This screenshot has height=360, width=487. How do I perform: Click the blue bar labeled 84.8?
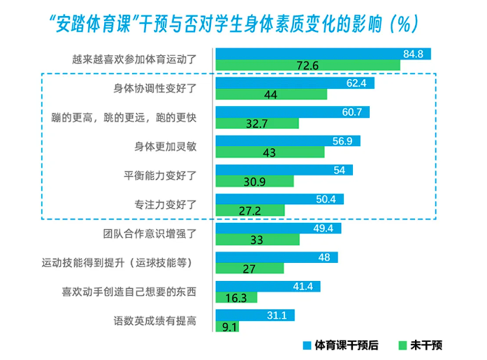tap(324, 54)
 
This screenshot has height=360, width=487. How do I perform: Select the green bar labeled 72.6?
tap(308, 65)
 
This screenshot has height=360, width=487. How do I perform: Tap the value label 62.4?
tap(356, 83)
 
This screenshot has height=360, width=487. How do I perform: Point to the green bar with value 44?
tap(272, 94)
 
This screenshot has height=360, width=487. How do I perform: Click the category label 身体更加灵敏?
tap(165, 146)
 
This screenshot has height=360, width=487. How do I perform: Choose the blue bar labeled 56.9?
tap(288, 141)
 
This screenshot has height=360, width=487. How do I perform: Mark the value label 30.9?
tap(254, 182)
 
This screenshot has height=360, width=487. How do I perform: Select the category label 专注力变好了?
tap(165, 205)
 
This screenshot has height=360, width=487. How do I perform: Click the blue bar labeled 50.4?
tap(280, 199)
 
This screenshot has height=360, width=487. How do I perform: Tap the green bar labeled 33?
tap(258, 240)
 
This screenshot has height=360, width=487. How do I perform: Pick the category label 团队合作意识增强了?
tap(150, 233)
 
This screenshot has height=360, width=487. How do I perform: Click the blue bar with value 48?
tap(277, 257)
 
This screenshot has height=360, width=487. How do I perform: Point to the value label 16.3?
tap(236, 298)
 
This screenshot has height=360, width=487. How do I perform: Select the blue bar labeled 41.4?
tap(268, 287)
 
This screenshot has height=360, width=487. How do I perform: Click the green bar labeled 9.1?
tap(227, 326)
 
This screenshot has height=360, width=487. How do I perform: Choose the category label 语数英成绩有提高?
tap(155, 321)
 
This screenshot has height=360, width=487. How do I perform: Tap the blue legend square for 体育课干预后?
tap(307, 345)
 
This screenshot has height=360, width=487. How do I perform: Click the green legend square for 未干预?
tap(402, 345)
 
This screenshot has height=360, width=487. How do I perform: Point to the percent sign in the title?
tap(404, 24)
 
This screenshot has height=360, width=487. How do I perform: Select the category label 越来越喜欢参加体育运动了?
tap(134, 59)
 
